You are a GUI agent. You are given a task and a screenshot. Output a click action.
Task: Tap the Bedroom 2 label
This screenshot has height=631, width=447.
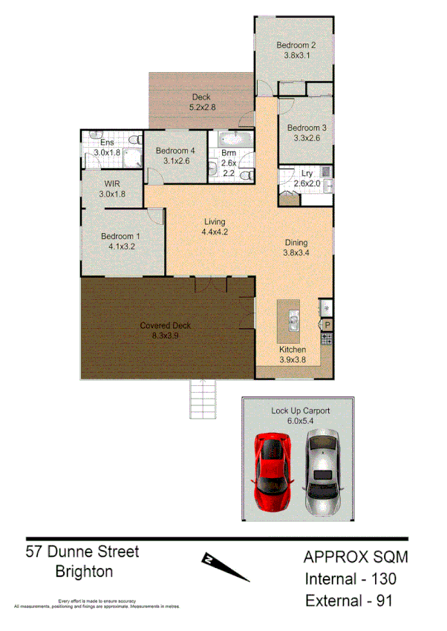300,45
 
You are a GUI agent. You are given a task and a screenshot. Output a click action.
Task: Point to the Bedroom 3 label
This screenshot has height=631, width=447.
307,127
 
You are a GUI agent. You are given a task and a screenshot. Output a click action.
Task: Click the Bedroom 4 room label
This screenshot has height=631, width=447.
175,151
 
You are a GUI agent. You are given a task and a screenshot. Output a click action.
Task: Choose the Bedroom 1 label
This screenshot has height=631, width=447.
120,237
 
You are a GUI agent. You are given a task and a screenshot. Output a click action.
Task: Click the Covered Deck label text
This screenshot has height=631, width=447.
166,325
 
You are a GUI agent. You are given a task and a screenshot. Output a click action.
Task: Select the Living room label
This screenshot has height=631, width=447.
215,222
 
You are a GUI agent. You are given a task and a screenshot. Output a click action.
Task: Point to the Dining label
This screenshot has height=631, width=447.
296,243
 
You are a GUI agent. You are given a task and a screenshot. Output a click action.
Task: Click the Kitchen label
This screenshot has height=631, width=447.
293,350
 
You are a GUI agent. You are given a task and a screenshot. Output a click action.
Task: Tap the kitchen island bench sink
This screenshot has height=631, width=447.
293,321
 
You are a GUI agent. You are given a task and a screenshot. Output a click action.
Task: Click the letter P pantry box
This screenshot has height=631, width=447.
327,325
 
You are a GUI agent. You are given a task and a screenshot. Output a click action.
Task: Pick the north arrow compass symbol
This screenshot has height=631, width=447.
224,566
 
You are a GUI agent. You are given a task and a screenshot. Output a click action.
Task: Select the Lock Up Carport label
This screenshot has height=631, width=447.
301,411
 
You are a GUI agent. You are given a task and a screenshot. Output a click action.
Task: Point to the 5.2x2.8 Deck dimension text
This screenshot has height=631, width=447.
201,107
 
